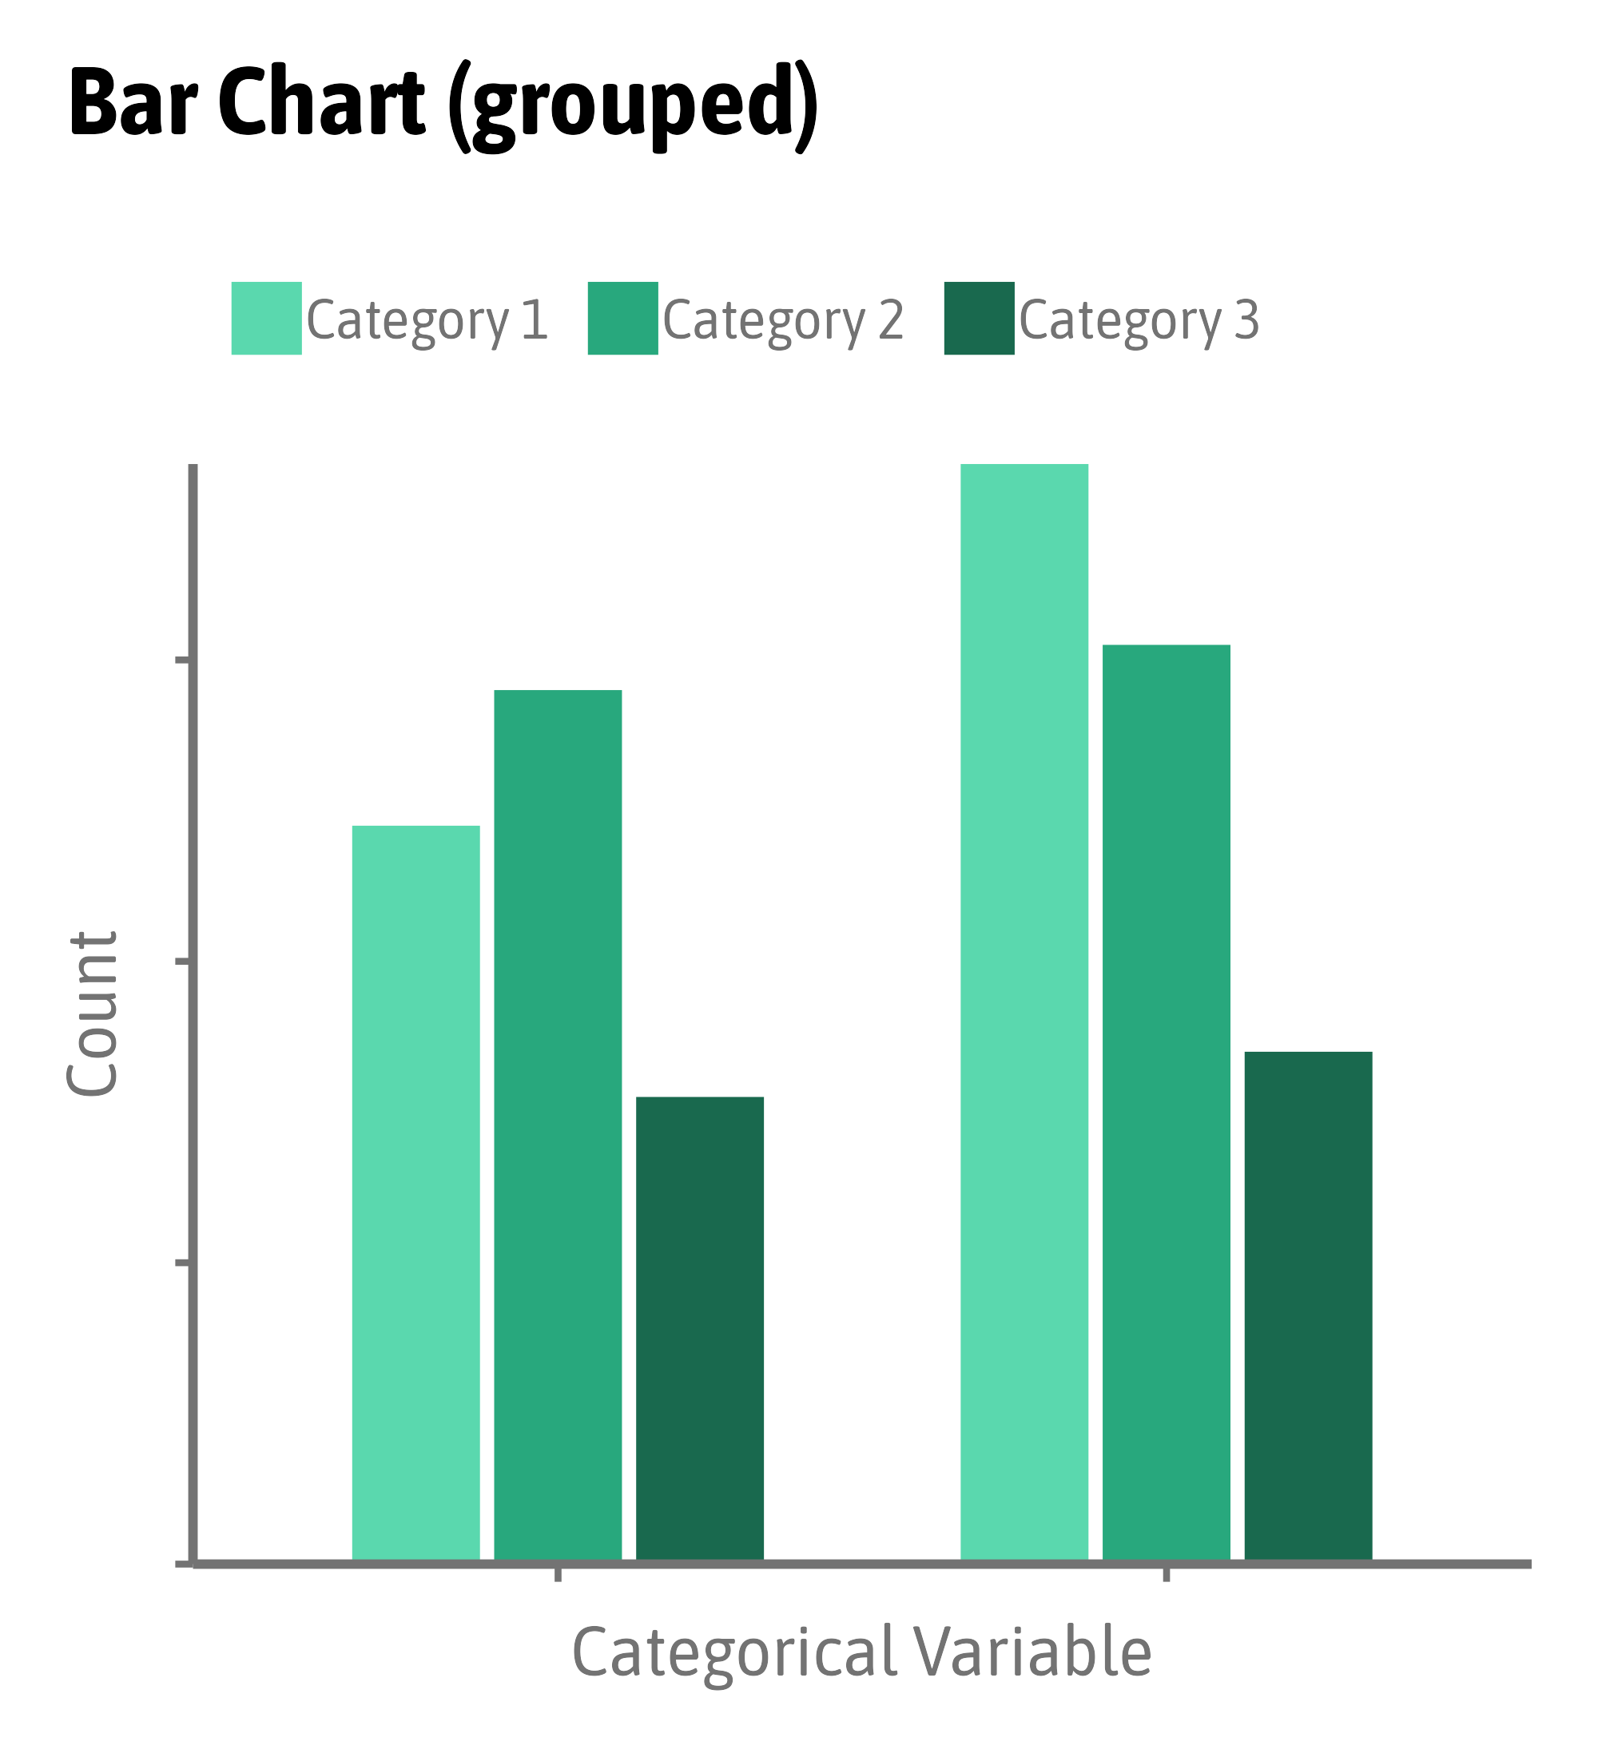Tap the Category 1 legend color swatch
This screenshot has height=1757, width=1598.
pyautogui.click(x=267, y=318)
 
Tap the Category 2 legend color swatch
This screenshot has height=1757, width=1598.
pyautogui.click(x=622, y=318)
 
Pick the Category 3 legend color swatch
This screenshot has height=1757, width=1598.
pyautogui.click(x=979, y=318)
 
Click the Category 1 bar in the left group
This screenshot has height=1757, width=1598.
pyautogui.click(x=415, y=1194)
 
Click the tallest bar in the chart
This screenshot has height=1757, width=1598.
pyautogui.click(x=1024, y=1011)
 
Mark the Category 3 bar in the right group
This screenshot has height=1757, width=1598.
pyautogui.click(x=1309, y=1307)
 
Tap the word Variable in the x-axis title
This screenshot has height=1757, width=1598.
pyautogui.click(x=1033, y=1652)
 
